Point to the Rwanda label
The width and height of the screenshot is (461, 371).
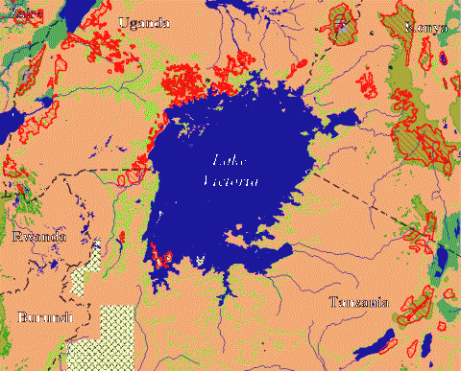38,237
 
